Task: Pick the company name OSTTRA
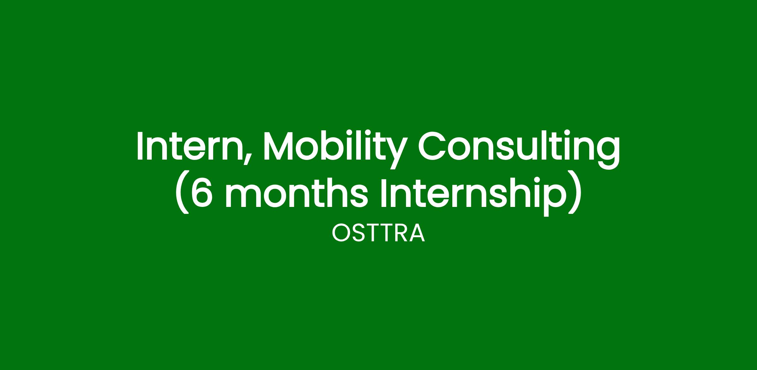point(378,233)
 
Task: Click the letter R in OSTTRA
point(402,233)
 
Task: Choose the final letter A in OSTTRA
point(417,233)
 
